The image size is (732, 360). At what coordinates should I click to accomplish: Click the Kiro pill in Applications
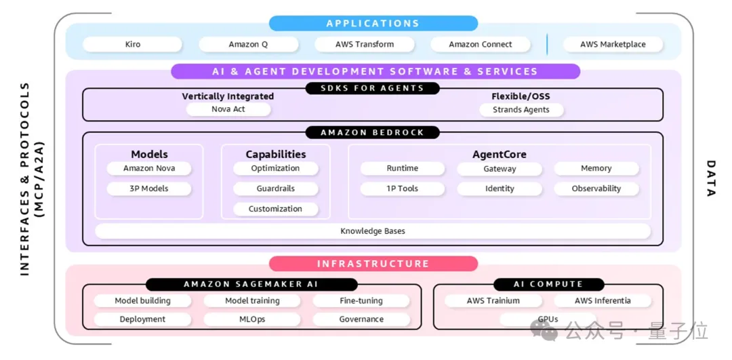pyautogui.click(x=133, y=45)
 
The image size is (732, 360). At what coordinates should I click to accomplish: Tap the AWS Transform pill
pyautogui.click(x=365, y=45)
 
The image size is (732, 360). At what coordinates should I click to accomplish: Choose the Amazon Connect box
pyautogui.click(x=481, y=45)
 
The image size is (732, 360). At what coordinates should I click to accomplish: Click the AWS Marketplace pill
pyautogui.click(x=613, y=45)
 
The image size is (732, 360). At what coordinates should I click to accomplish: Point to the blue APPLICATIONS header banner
pyautogui.click(x=373, y=24)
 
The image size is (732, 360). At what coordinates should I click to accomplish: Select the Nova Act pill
pyautogui.click(x=228, y=109)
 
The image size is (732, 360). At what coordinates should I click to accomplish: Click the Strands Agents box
pyautogui.click(x=521, y=110)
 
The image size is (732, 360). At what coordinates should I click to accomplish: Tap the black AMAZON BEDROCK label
pyautogui.click(x=373, y=133)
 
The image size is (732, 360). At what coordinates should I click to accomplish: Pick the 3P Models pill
pyautogui.click(x=149, y=188)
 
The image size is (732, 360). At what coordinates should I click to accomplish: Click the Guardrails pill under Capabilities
pyautogui.click(x=275, y=188)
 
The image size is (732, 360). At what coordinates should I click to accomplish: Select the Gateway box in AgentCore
pyautogui.click(x=500, y=169)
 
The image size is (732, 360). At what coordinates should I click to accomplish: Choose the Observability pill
pyautogui.click(x=596, y=188)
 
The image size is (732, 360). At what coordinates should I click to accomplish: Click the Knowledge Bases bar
pyautogui.click(x=373, y=231)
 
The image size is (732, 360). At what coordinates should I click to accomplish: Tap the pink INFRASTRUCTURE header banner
pyautogui.click(x=373, y=264)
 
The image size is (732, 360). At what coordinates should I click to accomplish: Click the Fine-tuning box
pyautogui.click(x=361, y=300)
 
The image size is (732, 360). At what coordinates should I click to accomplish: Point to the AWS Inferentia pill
pyautogui.click(x=603, y=300)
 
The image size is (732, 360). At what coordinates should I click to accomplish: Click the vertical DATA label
pyautogui.click(x=710, y=179)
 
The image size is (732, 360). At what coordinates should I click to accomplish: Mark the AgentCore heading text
pyautogui.click(x=500, y=155)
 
